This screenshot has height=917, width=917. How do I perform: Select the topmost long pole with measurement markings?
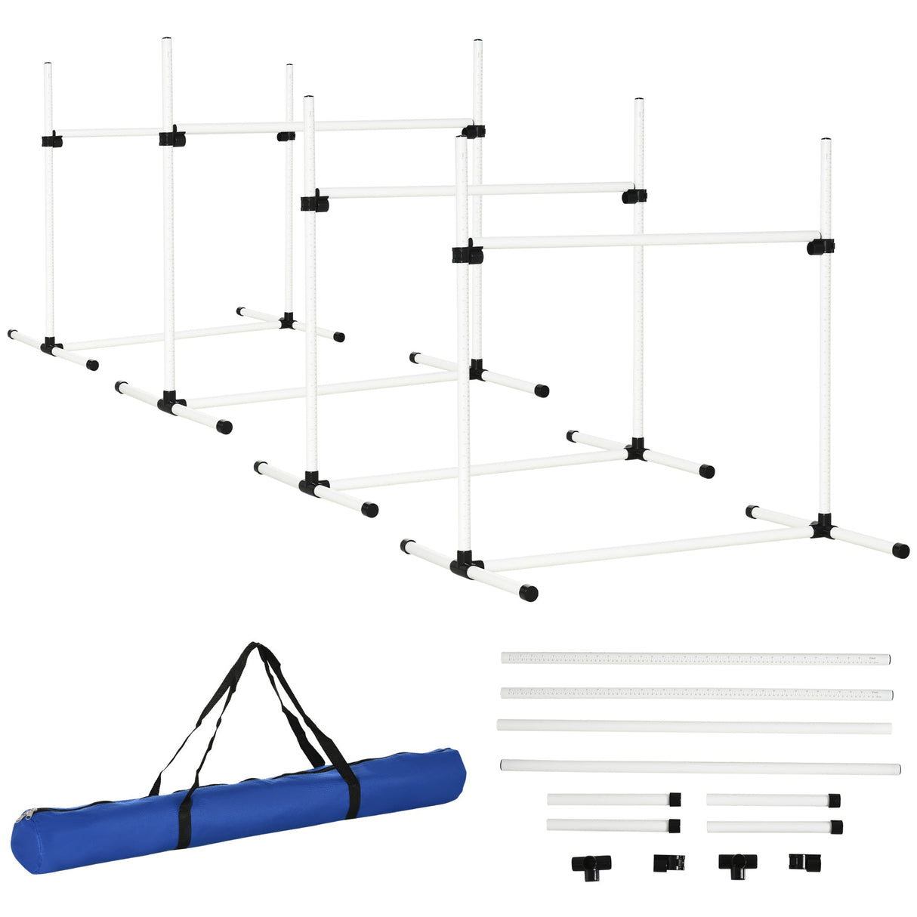695,659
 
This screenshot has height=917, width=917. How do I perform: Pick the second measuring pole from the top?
695,693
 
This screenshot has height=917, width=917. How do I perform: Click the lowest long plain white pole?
699,767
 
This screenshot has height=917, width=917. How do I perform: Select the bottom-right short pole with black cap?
774,826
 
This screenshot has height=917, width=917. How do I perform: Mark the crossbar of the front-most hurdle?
642,240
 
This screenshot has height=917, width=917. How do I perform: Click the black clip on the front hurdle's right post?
820,246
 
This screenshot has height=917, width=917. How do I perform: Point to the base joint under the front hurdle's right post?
822,526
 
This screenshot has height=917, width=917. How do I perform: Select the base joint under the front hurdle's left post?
466,563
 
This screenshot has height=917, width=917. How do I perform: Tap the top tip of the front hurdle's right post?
826,141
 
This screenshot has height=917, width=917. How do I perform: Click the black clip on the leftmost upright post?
51,140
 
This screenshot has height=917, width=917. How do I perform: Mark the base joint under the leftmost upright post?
51,347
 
